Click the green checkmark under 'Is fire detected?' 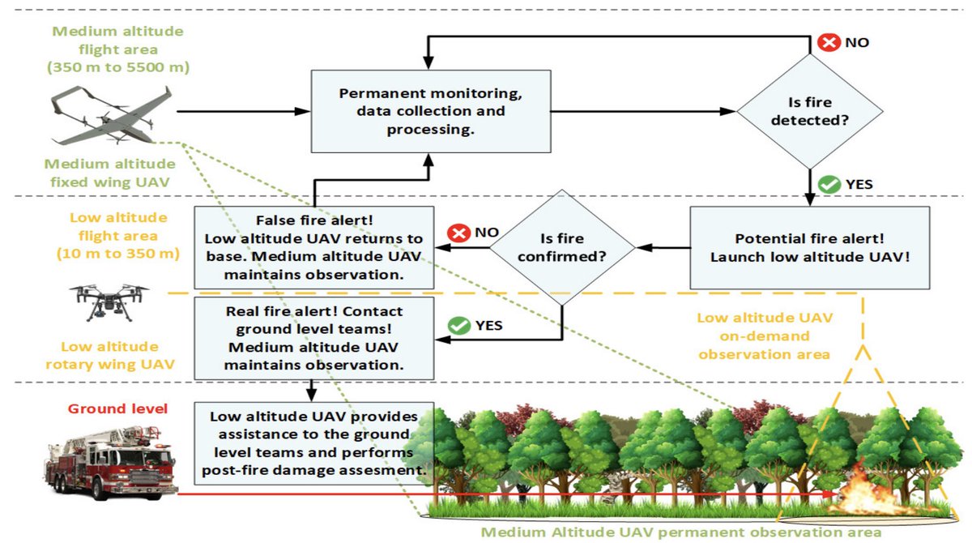pyautogui.click(x=829, y=184)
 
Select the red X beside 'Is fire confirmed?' pyautogui.click(x=460, y=233)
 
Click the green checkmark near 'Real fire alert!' pyautogui.click(x=460, y=326)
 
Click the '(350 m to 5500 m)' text pyautogui.click(x=118, y=67)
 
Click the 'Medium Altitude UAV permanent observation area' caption pyautogui.click(x=680, y=532)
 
